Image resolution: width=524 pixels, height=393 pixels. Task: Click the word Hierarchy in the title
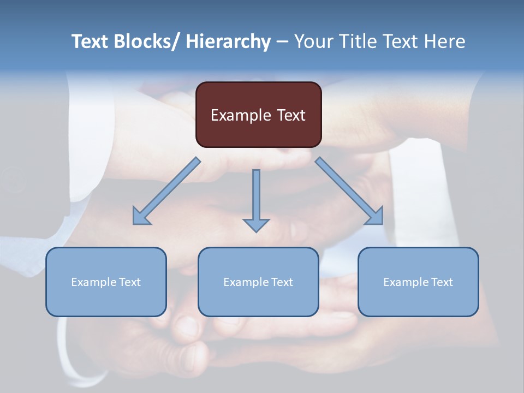point(228,41)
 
